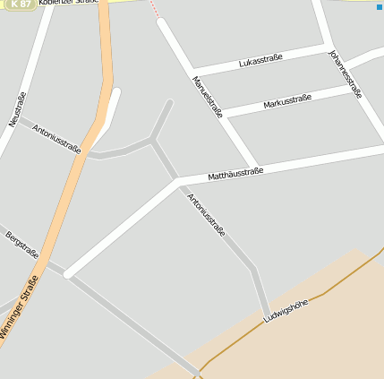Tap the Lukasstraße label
(260, 60)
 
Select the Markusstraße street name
(287, 101)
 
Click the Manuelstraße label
(207, 98)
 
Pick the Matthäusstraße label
(235, 171)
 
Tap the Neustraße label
(17, 108)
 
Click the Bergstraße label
(21, 245)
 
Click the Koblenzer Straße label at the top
(68, 3)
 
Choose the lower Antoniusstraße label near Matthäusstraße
(206, 214)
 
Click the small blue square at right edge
(380, 7)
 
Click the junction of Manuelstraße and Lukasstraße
(192, 71)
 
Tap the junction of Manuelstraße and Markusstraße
(223, 114)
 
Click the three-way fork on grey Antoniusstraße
(153, 140)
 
